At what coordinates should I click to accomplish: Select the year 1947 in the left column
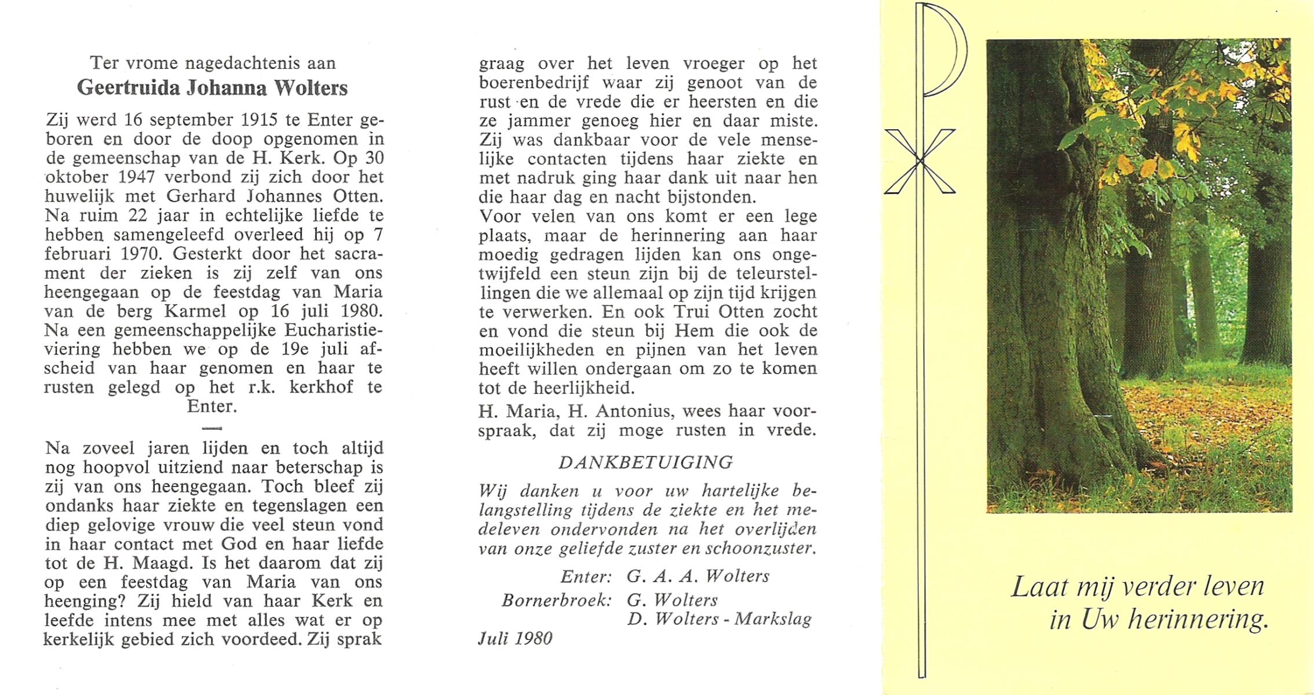tap(131, 177)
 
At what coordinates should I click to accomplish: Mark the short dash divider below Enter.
tap(213, 428)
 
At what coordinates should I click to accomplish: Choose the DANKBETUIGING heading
tap(645, 462)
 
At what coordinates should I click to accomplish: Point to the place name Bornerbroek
tap(556, 600)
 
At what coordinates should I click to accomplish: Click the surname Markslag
tap(773, 619)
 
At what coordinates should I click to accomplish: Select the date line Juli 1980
tap(515, 638)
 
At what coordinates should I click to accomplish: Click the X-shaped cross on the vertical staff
tap(920, 161)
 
